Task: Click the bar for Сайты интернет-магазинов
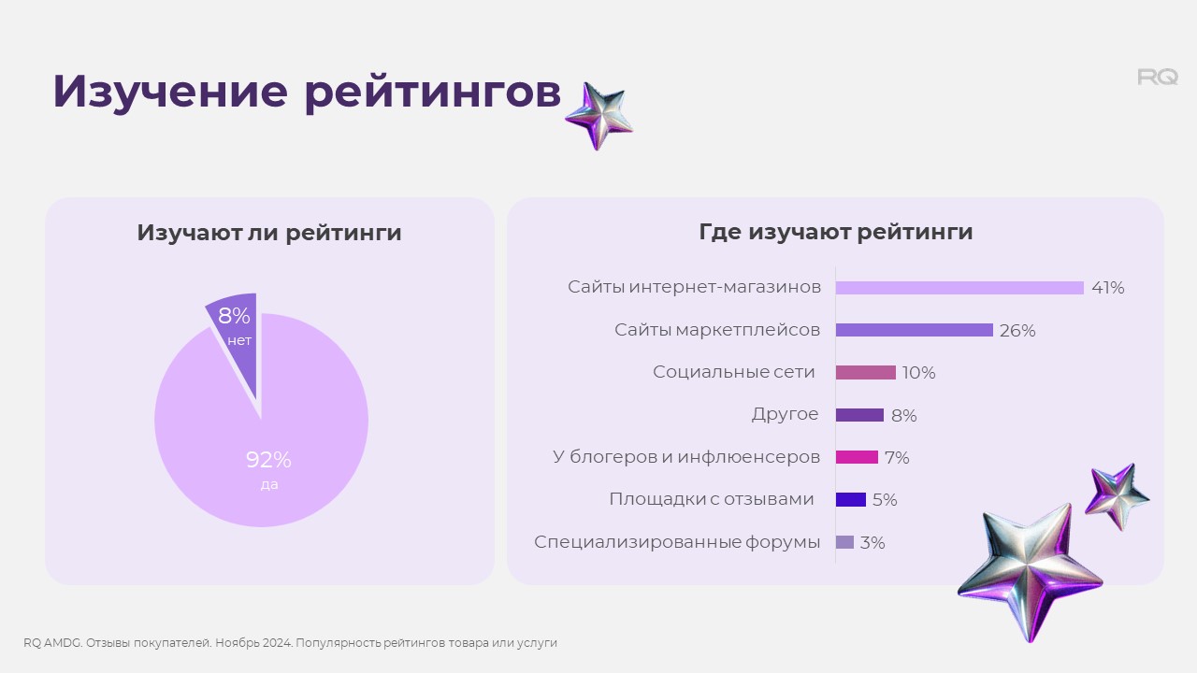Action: pos(959,288)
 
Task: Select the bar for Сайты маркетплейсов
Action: pos(915,330)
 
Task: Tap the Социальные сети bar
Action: pos(866,372)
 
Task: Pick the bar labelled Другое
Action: pos(859,415)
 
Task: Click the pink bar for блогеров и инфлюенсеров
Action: pos(858,457)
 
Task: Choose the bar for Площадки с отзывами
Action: pos(851,499)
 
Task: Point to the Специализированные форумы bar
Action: pos(844,542)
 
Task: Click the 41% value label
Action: pos(1108,288)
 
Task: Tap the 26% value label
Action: pos(1017,331)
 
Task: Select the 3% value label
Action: pos(873,543)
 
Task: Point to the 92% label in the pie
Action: pos(268,460)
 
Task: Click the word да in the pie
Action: pos(269,485)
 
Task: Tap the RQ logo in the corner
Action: pos(1158,77)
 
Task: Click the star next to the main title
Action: pos(599,116)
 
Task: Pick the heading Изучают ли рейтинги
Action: pos(269,233)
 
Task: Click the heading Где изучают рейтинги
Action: pos(836,233)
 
